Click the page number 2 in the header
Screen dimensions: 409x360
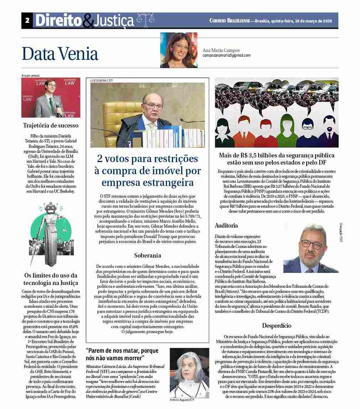(27, 20)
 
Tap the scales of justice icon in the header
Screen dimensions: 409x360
(144, 21)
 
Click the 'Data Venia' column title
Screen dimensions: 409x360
(60, 54)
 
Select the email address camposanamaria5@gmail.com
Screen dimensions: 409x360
(226, 56)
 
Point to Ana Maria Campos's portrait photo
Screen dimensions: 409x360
(178, 50)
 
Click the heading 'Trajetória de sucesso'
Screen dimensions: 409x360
(51, 125)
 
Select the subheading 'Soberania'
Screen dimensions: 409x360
(147, 255)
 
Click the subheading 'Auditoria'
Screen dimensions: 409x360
(226, 226)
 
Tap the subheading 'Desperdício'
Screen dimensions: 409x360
(276, 326)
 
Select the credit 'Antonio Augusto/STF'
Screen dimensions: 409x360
(182, 400)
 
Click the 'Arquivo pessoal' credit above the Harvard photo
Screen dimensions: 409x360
(31, 76)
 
